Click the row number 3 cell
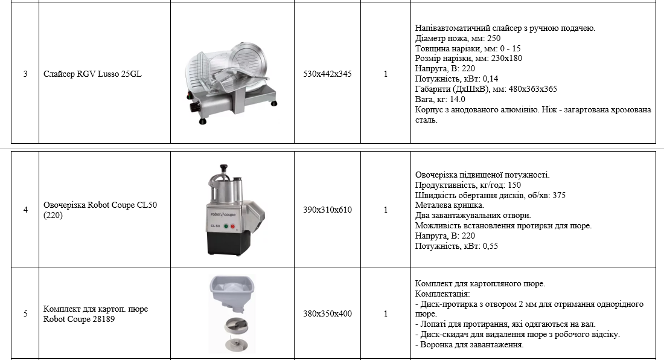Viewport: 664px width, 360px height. click(x=25, y=74)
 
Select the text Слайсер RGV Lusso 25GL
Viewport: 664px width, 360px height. click(x=92, y=74)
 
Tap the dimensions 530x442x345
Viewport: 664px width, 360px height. click(x=327, y=74)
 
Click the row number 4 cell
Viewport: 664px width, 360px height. click(x=25, y=210)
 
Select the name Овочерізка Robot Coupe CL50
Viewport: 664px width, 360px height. click(x=100, y=205)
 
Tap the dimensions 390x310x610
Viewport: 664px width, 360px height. click(x=327, y=210)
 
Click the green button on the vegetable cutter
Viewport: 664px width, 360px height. click(x=226, y=226)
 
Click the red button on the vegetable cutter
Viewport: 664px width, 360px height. click(x=232, y=227)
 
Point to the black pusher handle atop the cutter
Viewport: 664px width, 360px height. click(x=223, y=169)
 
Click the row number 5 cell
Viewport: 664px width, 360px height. click(x=25, y=314)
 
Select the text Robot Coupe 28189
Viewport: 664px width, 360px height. click(x=78, y=320)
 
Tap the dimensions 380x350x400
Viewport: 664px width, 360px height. click(x=327, y=314)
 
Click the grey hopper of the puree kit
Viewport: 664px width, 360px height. click(x=232, y=293)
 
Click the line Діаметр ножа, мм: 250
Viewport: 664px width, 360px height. click(x=458, y=39)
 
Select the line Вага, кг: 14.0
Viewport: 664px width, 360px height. click(x=440, y=100)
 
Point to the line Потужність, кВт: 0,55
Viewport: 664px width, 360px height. click(x=456, y=246)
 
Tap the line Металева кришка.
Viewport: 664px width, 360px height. click(x=449, y=205)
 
